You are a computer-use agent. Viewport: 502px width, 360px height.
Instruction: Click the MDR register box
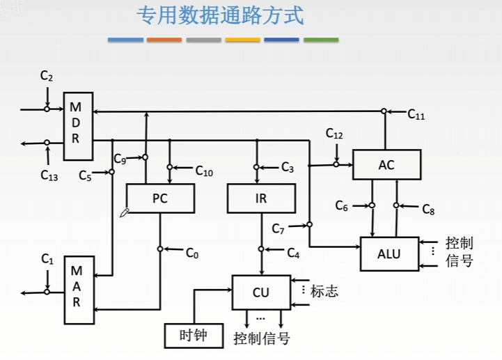[78, 126]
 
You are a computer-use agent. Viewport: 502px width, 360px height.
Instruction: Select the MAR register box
[79, 290]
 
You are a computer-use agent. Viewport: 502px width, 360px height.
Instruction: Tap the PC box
[160, 198]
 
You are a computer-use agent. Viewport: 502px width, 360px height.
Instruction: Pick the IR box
[261, 198]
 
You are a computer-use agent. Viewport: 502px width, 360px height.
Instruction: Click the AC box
[386, 164]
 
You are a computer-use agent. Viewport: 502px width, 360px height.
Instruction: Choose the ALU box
[389, 254]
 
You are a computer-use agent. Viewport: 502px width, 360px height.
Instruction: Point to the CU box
[261, 292]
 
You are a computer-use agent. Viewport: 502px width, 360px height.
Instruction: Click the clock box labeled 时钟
[194, 336]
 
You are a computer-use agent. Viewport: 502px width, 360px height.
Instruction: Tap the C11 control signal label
[416, 114]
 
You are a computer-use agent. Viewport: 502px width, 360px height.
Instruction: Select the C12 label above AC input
[334, 134]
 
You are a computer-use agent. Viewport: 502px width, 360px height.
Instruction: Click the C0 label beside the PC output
[192, 253]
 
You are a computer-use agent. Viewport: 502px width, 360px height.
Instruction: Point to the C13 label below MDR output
[49, 175]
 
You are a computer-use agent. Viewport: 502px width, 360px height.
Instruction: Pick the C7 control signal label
[278, 228]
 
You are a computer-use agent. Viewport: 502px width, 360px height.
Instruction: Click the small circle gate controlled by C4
[261, 249]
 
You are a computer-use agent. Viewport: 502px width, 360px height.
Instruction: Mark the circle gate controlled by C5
[111, 172]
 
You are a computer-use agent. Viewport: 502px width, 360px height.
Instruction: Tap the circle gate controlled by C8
[396, 205]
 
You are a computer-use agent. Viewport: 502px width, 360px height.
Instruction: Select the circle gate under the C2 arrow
[47, 109]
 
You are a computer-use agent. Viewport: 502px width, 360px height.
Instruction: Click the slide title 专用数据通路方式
[220, 15]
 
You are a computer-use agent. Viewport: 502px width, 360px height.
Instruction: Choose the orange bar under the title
[164, 40]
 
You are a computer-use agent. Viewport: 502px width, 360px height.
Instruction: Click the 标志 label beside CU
[324, 292]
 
